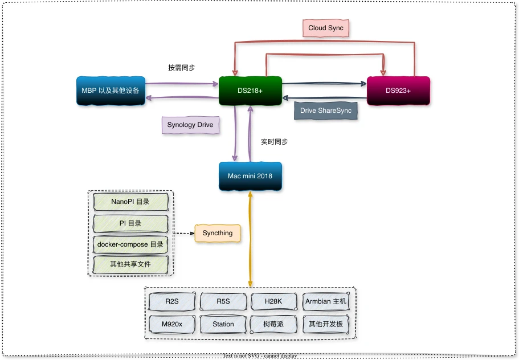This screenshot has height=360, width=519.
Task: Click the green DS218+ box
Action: click(x=250, y=91)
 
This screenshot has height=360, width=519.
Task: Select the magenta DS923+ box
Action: click(x=398, y=91)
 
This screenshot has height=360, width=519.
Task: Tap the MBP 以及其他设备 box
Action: click(x=110, y=91)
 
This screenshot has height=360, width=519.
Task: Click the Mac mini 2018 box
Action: click(x=250, y=176)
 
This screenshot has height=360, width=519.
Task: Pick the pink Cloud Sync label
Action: click(x=325, y=28)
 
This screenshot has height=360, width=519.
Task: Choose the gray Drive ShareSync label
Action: click(x=326, y=111)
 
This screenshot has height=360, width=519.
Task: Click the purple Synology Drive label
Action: click(x=190, y=125)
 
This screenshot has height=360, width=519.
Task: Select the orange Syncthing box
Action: click(x=217, y=233)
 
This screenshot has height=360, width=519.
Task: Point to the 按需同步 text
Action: click(x=181, y=67)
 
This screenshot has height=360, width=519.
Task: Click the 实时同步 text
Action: click(x=274, y=142)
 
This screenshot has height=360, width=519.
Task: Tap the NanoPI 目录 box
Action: click(x=130, y=202)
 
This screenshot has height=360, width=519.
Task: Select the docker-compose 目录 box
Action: click(x=130, y=244)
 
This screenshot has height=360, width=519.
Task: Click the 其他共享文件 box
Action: click(x=130, y=265)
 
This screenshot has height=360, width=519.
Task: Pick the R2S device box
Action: click(x=171, y=301)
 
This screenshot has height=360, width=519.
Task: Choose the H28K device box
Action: click(x=273, y=301)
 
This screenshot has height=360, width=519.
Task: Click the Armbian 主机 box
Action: click(x=325, y=301)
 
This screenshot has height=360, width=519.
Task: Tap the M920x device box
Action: click(x=171, y=324)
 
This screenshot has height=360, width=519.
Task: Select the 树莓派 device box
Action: click(x=273, y=324)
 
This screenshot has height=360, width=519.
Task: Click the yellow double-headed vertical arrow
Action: click(x=250, y=239)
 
